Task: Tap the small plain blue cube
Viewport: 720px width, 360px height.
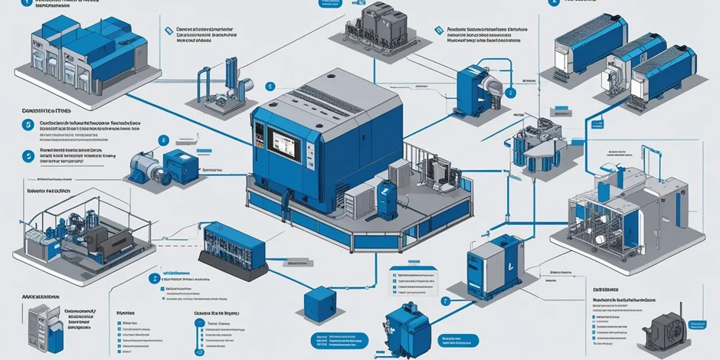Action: pyautogui.click(x=316, y=298)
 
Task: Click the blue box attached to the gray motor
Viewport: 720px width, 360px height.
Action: pyautogui.click(x=182, y=165)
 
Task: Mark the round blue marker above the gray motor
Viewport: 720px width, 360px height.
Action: pyautogui.click(x=162, y=141)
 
